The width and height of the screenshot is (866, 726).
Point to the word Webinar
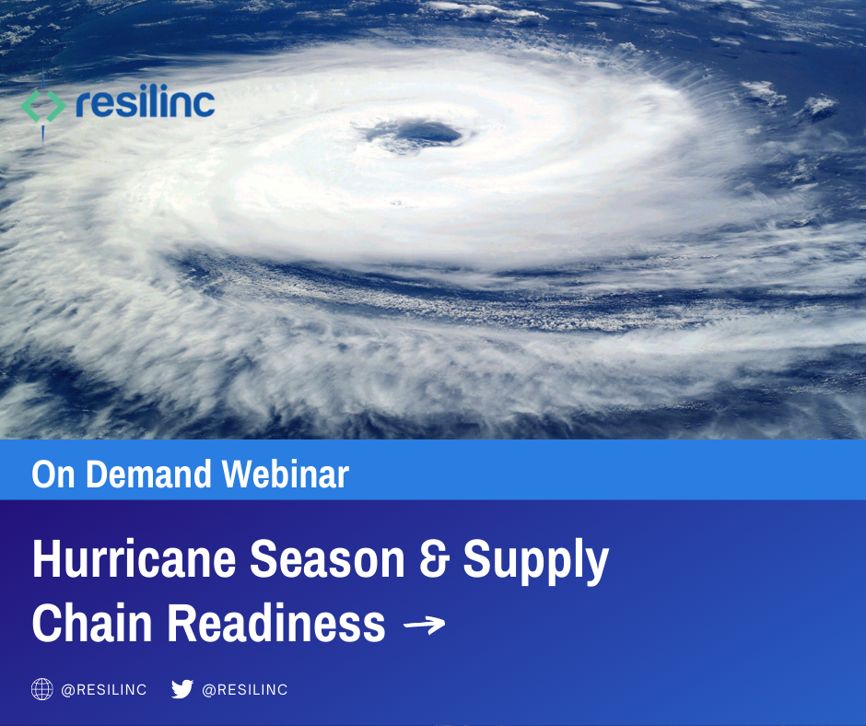287,474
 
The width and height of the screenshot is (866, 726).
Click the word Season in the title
328,559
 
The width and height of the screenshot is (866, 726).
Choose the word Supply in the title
535,561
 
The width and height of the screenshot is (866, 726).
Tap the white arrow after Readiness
425,626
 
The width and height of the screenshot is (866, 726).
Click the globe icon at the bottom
42,689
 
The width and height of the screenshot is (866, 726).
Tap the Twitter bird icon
182,689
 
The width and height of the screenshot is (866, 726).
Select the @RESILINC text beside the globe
104,690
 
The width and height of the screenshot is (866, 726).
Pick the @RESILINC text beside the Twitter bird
245,690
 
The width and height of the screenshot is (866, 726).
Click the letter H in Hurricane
45,559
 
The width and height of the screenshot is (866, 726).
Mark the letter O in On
43,474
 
